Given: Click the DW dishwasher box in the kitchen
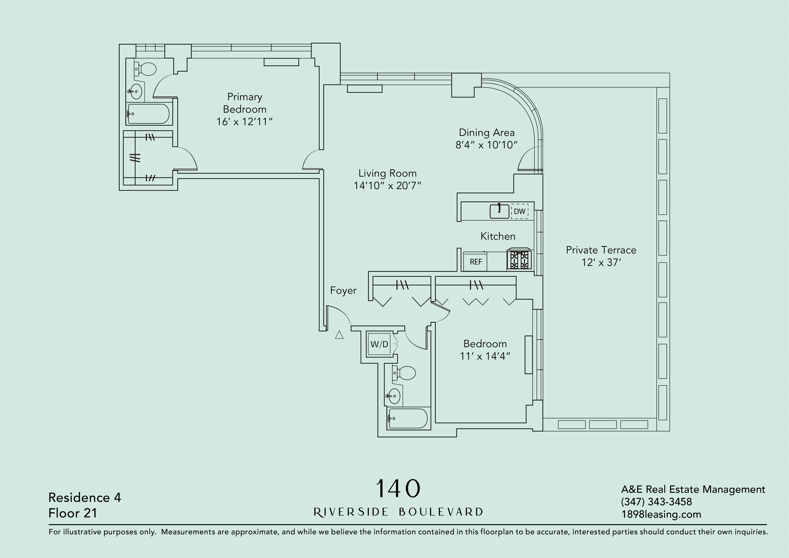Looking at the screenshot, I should point(519,211).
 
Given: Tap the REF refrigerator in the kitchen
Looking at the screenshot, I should point(476,262).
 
